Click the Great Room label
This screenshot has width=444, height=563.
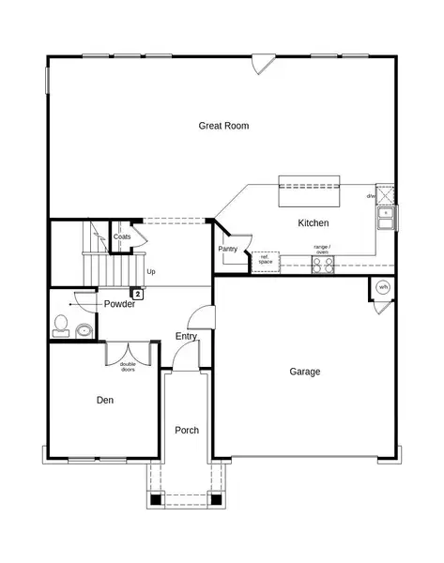pos(223,126)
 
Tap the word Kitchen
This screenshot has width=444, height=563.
pos(313,223)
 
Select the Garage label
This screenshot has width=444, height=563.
pos(304,372)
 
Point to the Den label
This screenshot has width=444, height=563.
pos(104,400)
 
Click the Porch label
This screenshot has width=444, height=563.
pos(187,430)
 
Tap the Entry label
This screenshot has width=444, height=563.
pos(186,336)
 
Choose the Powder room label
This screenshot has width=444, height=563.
pos(119,304)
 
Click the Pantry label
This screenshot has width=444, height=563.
pos(227,249)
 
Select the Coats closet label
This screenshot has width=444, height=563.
pos(122,236)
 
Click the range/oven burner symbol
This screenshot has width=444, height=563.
pos(322,264)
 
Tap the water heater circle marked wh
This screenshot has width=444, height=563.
pos(382,286)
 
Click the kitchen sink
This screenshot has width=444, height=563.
pos(386,218)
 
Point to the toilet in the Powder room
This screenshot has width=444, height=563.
pos(62,325)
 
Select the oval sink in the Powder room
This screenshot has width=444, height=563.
pos(84,329)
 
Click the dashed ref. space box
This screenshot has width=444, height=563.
pos(265,260)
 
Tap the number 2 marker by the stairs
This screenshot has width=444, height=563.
pos(138,294)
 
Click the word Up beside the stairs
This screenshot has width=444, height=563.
pos(150,272)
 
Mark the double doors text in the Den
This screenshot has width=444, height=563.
pos(128,367)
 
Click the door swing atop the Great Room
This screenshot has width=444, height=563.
pos(263,65)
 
